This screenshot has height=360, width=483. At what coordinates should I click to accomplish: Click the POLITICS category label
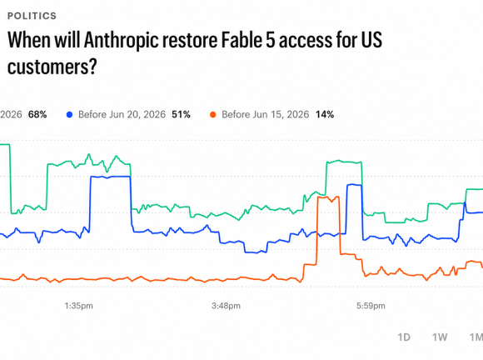pos(32,16)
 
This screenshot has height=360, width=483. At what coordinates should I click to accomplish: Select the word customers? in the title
pos(52,67)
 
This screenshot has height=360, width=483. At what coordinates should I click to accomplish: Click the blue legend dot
pos(70,115)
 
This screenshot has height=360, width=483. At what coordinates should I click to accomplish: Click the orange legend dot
pos(213,115)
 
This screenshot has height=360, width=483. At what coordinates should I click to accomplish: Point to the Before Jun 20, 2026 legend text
pos(122,115)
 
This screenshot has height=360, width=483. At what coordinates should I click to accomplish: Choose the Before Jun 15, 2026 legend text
pos(265,115)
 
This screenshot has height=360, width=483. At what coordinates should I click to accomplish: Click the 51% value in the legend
pos(182,115)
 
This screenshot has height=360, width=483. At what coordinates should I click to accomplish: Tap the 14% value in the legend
pos(325,115)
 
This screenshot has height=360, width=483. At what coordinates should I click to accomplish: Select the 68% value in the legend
pos(37,115)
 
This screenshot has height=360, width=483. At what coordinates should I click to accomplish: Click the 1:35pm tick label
pos(78,306)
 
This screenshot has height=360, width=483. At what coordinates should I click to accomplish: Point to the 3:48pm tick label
pos(226,306)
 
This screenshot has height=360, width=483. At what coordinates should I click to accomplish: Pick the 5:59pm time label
pos(371,306)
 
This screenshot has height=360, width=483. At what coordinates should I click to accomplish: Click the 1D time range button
pos(404,337)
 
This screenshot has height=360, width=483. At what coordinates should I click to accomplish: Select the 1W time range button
pos(440,337)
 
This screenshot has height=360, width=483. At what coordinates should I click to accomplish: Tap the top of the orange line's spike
pos(328,197)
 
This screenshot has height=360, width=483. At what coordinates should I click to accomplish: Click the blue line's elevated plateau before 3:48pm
pos(110,177)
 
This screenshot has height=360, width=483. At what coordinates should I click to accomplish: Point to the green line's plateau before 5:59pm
pos(344,162)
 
